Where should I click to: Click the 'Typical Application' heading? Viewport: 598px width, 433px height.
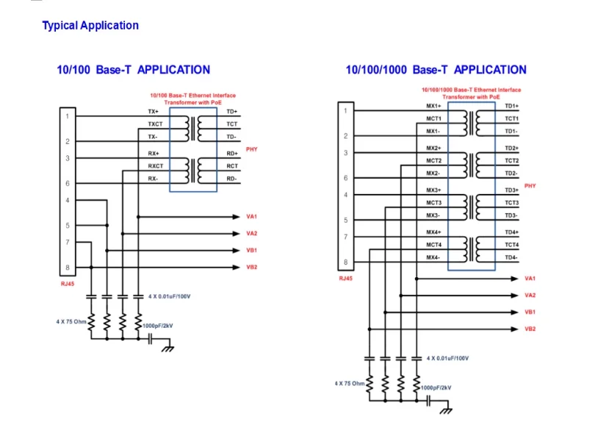tap(90, 26)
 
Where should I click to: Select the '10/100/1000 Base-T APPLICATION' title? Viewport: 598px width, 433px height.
tap(436, 70)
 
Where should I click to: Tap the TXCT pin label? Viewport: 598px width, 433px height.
tap(155, 124)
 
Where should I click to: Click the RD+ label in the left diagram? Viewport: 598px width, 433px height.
tap(232, 154)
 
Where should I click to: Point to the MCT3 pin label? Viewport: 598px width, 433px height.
tap(433, 203)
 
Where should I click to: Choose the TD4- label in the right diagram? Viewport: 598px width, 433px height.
tap(511, 257)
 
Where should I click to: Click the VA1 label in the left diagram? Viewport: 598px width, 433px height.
tap(252, 217)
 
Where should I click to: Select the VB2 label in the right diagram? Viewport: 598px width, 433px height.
tap(530, 329)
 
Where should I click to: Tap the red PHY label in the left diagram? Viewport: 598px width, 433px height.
tap(252, 149)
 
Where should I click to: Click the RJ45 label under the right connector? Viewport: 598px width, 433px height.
tap(345, 279)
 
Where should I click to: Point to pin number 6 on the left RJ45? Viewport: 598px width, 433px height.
tap(68, 184)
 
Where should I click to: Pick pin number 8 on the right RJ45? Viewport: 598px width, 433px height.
tap(345, 262)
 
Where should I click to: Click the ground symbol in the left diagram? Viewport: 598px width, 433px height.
tap(167, 348)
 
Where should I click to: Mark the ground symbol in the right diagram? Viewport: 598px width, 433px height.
tap(446, 410)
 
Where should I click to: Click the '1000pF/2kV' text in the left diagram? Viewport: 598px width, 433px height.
tap(157, 326)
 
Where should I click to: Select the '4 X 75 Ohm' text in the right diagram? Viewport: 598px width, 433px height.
tap(350, 384)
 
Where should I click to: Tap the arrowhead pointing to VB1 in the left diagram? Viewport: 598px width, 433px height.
tap(236, 251)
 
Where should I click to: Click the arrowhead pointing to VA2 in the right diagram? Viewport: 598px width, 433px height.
tap(514, 296)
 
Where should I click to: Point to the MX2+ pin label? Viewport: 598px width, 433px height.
tap(433, 148)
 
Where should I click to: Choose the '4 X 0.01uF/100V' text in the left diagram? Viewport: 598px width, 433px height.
tap(169, 296)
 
